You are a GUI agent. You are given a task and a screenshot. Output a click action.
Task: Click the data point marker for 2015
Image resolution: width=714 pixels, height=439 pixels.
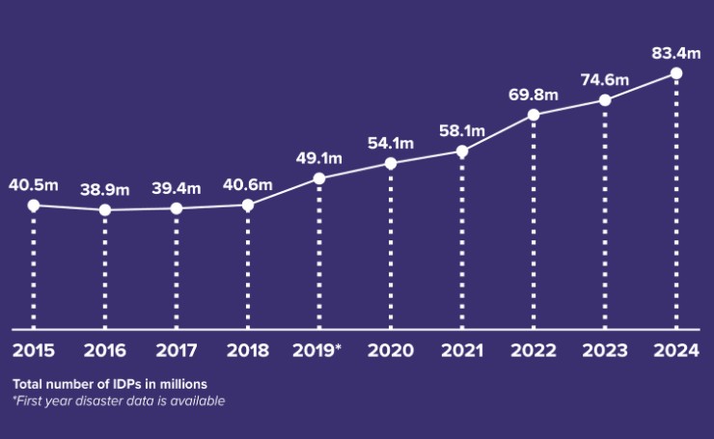(x=34, y=206)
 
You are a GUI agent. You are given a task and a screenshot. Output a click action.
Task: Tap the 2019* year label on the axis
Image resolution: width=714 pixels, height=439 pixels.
(x=318, y=349)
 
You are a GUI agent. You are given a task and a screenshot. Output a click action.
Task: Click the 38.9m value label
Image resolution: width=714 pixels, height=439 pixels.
(x=105, y=188)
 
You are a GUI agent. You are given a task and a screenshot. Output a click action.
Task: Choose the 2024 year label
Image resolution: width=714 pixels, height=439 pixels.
(x=675, y=349)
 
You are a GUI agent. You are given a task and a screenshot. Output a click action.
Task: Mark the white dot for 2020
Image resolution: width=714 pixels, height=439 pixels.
(x=391, y=163)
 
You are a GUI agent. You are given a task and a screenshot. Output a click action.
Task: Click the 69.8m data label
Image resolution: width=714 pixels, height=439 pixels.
(x=533, y=95)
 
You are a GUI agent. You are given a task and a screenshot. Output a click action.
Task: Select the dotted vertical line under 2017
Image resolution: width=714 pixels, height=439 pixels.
(x=177, y=270)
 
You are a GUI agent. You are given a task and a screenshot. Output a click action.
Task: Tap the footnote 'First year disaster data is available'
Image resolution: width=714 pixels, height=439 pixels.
(x=119, y=400)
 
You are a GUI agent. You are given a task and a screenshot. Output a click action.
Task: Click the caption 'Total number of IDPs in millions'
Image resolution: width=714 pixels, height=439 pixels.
(x=109, y=384)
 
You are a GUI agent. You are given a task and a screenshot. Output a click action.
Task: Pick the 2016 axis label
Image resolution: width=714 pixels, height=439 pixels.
(x=105, y=349)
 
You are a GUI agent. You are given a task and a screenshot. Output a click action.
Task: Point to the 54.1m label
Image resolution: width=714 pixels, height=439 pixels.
(x=391, y=143)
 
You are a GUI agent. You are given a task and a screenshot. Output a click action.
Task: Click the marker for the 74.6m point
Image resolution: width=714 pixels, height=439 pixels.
(x=605, y=100)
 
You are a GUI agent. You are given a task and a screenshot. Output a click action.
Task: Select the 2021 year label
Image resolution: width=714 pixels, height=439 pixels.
(x=462, y=349)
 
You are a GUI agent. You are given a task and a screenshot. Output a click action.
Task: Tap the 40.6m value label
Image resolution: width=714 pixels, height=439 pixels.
(x=248, y=184)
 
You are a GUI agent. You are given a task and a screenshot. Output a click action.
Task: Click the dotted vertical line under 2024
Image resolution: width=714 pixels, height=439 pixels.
(x=676, y=203)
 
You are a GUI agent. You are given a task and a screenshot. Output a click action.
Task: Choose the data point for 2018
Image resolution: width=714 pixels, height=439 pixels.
(x=248, y=205)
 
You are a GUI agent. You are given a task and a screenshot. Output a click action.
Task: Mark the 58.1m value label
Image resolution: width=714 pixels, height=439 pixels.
(x=462, y=130)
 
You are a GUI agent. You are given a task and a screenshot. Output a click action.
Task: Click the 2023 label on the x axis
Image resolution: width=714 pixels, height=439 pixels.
(x=605, y=349)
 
